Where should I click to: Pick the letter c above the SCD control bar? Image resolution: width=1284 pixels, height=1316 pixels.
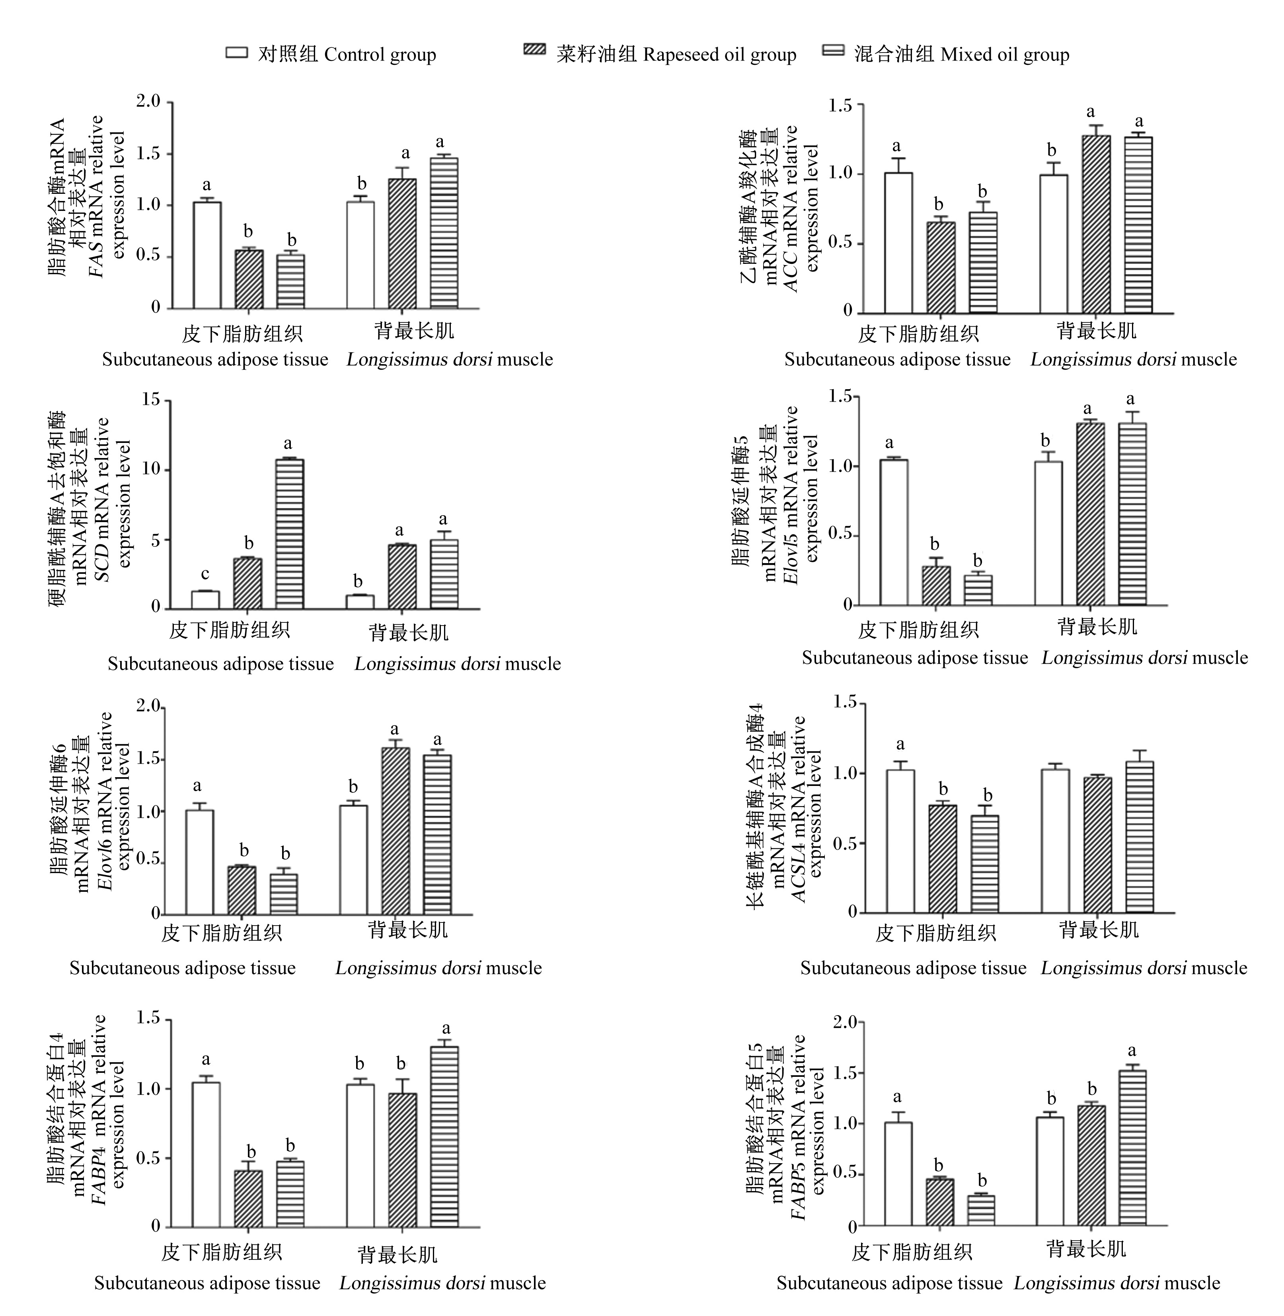(205, 574)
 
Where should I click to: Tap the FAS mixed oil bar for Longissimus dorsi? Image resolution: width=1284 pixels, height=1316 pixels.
(444, 233)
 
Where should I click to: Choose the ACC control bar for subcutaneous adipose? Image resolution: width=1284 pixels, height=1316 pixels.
(898, 243)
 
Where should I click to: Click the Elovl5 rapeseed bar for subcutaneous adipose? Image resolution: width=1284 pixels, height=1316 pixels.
(936, 585)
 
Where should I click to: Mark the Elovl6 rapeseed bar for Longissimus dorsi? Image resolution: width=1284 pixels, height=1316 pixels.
(395, 831)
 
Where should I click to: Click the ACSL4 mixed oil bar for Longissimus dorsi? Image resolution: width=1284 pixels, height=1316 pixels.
(1140, 837)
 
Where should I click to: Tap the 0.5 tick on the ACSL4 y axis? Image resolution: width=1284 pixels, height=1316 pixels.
(844, 843)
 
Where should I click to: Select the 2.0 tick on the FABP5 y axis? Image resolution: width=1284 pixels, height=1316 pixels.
(845, 1022)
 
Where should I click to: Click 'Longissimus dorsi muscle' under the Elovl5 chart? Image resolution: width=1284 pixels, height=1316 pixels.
(1144, 658)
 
